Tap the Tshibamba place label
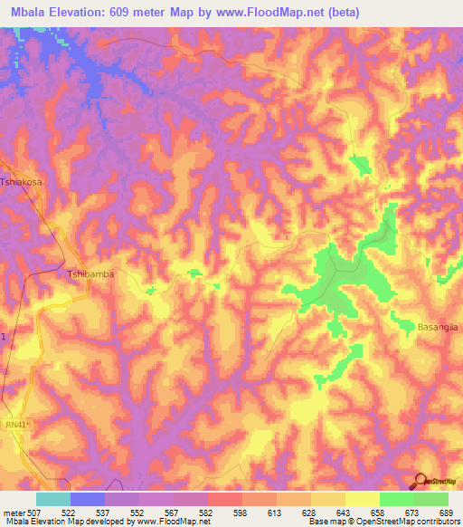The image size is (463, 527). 91,273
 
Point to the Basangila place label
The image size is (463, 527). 439,326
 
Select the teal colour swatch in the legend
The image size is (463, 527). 52,499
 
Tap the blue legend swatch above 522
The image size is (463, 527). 87,499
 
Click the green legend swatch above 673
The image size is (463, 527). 396,499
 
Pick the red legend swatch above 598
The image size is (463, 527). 224,499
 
